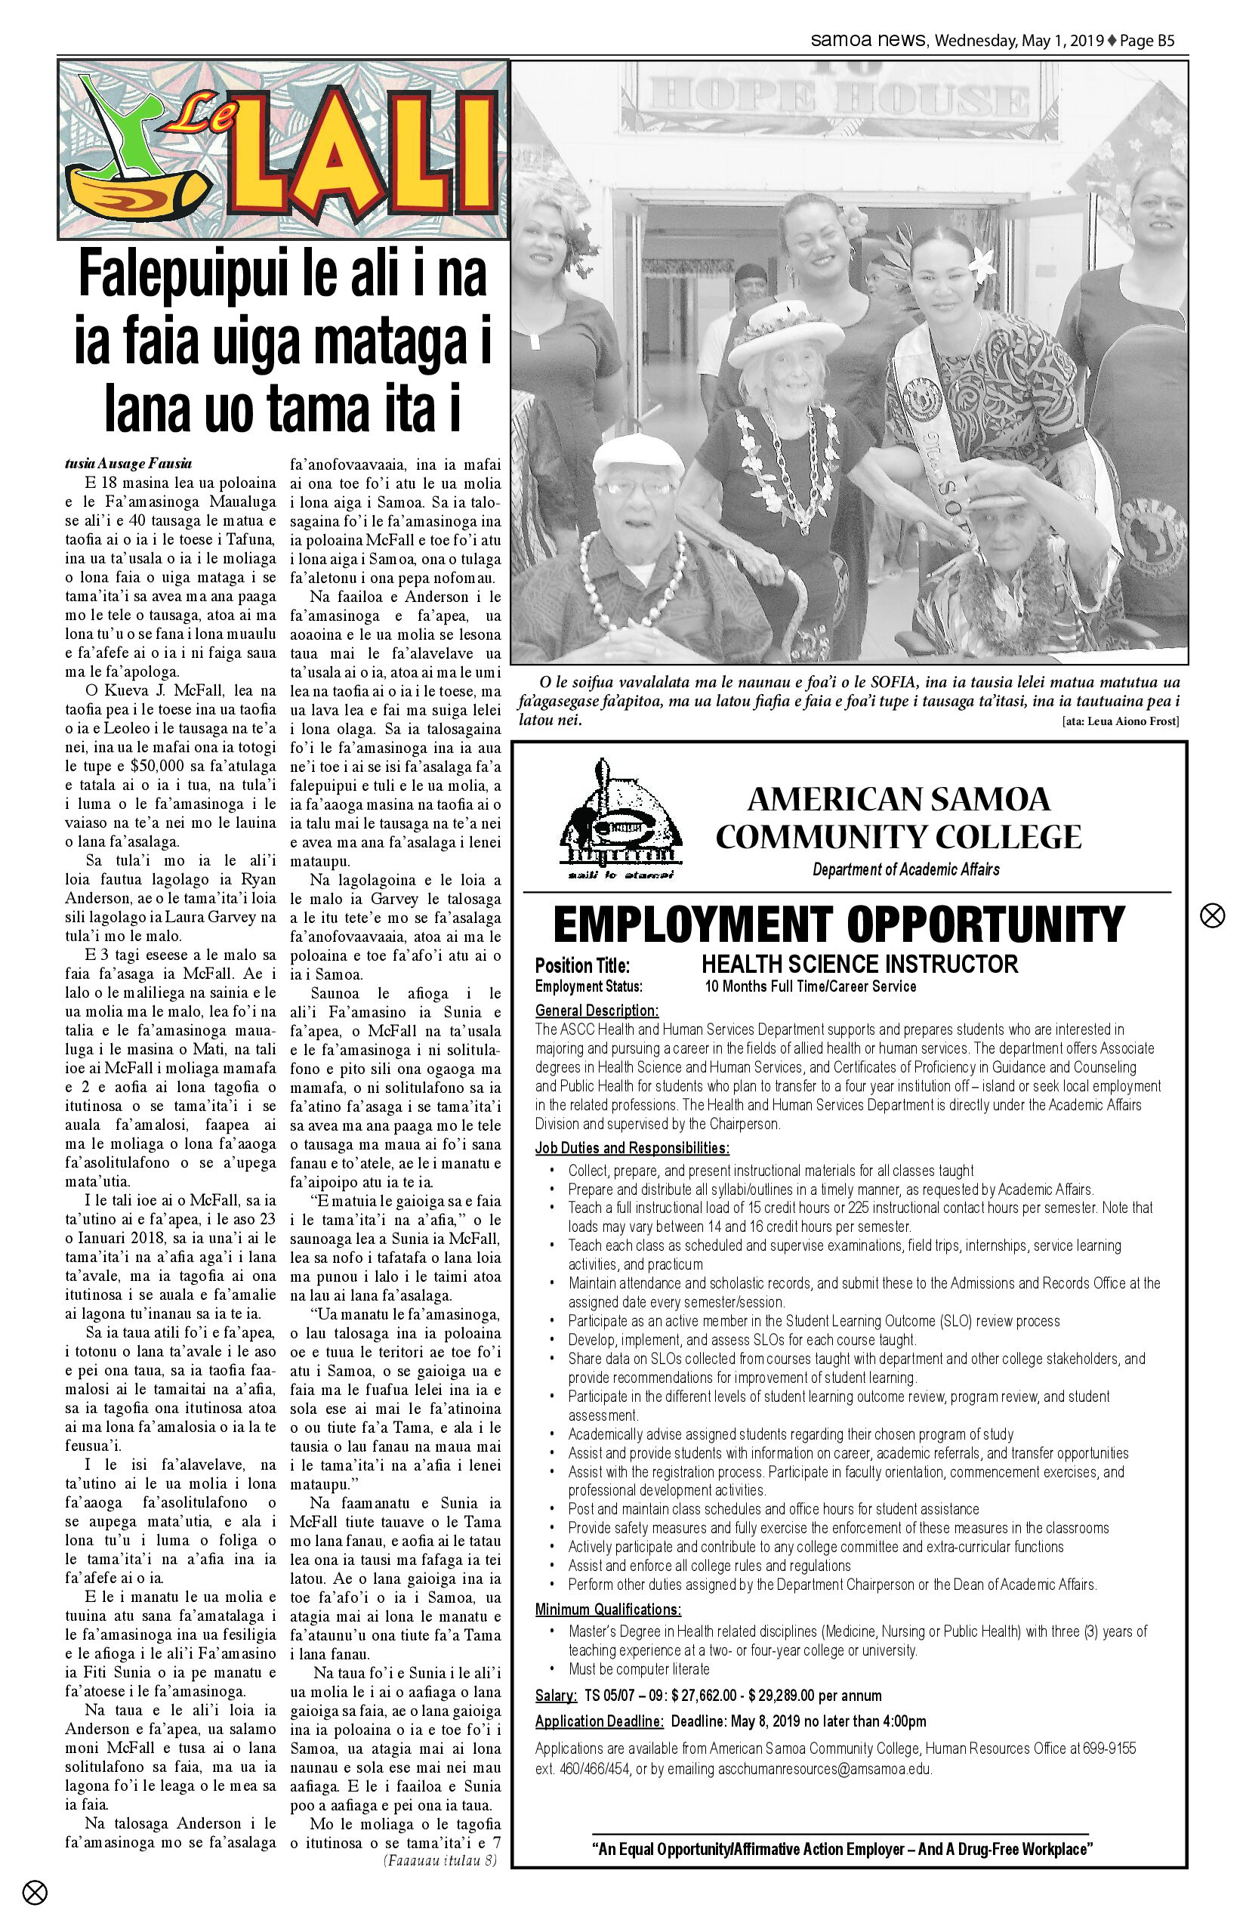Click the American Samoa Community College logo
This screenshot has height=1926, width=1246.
(x=621, y=819)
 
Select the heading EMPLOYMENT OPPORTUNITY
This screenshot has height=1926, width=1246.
(x=839, y=924)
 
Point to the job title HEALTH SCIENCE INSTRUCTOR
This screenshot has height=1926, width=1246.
(x=859, y=964)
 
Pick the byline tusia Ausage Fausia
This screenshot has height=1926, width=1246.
(x=128, y=464)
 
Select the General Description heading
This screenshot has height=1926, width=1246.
(x=597, y=1010)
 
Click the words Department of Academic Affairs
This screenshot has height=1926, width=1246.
(x=905, y=869)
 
